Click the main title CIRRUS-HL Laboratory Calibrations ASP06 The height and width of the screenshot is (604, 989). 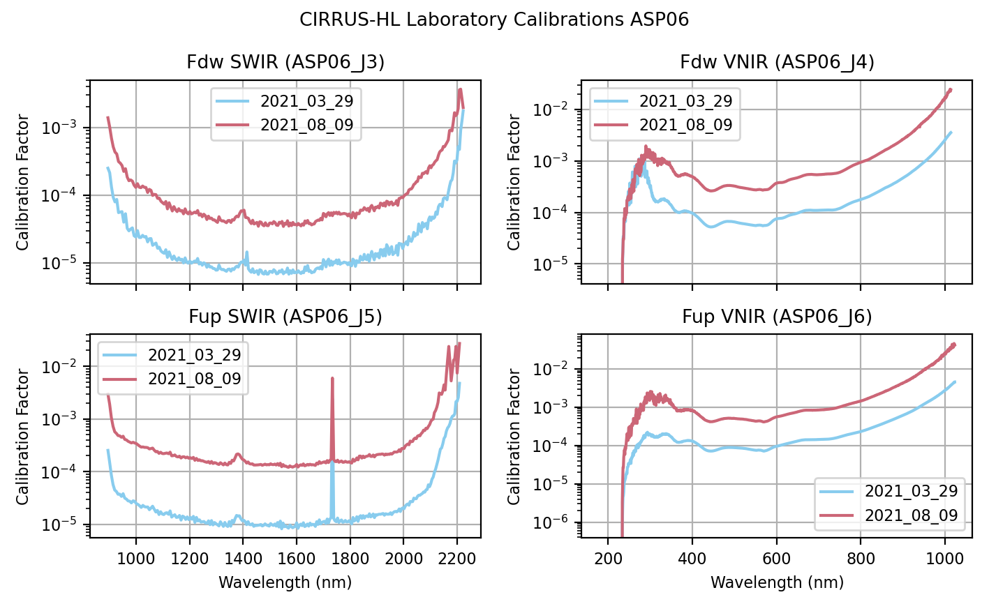point(494,20)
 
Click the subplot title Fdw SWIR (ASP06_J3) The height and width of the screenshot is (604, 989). point(285,63)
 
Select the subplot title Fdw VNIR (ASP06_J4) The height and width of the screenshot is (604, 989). point(777,63)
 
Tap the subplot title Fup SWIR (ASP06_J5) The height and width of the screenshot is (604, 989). point(285,317)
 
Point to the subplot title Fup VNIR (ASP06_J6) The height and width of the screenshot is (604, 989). point(777,317)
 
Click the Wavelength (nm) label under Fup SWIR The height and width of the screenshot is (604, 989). point(285,582)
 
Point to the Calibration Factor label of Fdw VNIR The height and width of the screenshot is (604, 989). point(514,182)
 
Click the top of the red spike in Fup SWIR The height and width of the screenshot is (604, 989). point(332,378)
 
